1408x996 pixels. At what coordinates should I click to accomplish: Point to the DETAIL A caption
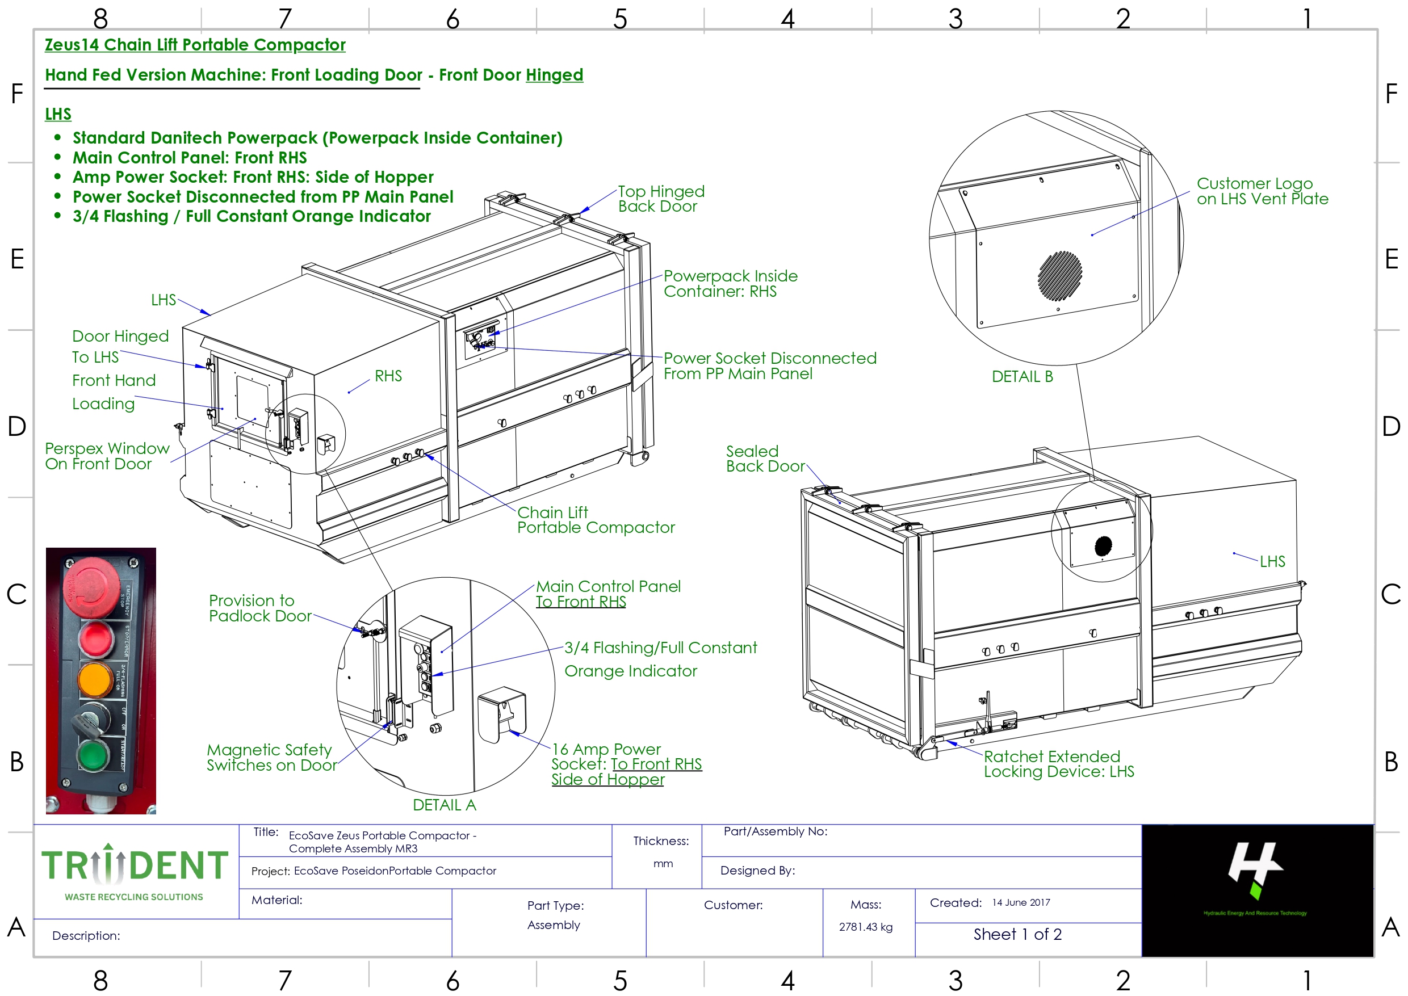click(x=444, y=805)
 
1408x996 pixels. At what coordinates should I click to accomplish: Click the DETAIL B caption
click(x=1022, y=377)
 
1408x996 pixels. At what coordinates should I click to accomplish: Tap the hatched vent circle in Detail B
click(x=1059, y=276)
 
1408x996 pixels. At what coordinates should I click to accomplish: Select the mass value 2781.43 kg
click(x=866, y=927)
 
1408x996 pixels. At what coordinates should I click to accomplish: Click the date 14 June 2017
click(x=1021, y=902)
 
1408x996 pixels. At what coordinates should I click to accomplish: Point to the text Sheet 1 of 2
click(x=1017, y=934)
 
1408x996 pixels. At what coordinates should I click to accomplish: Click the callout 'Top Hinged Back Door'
click(x=660, y=199)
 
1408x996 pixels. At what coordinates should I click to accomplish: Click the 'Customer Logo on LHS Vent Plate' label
click(x=1262, y=191)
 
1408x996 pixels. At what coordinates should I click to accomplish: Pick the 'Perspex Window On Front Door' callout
click(x=107, y=456)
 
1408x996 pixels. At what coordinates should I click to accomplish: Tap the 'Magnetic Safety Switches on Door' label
click(x=271, y=758)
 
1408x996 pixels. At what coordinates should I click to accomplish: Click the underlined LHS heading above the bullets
click(x=58, y=114)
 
